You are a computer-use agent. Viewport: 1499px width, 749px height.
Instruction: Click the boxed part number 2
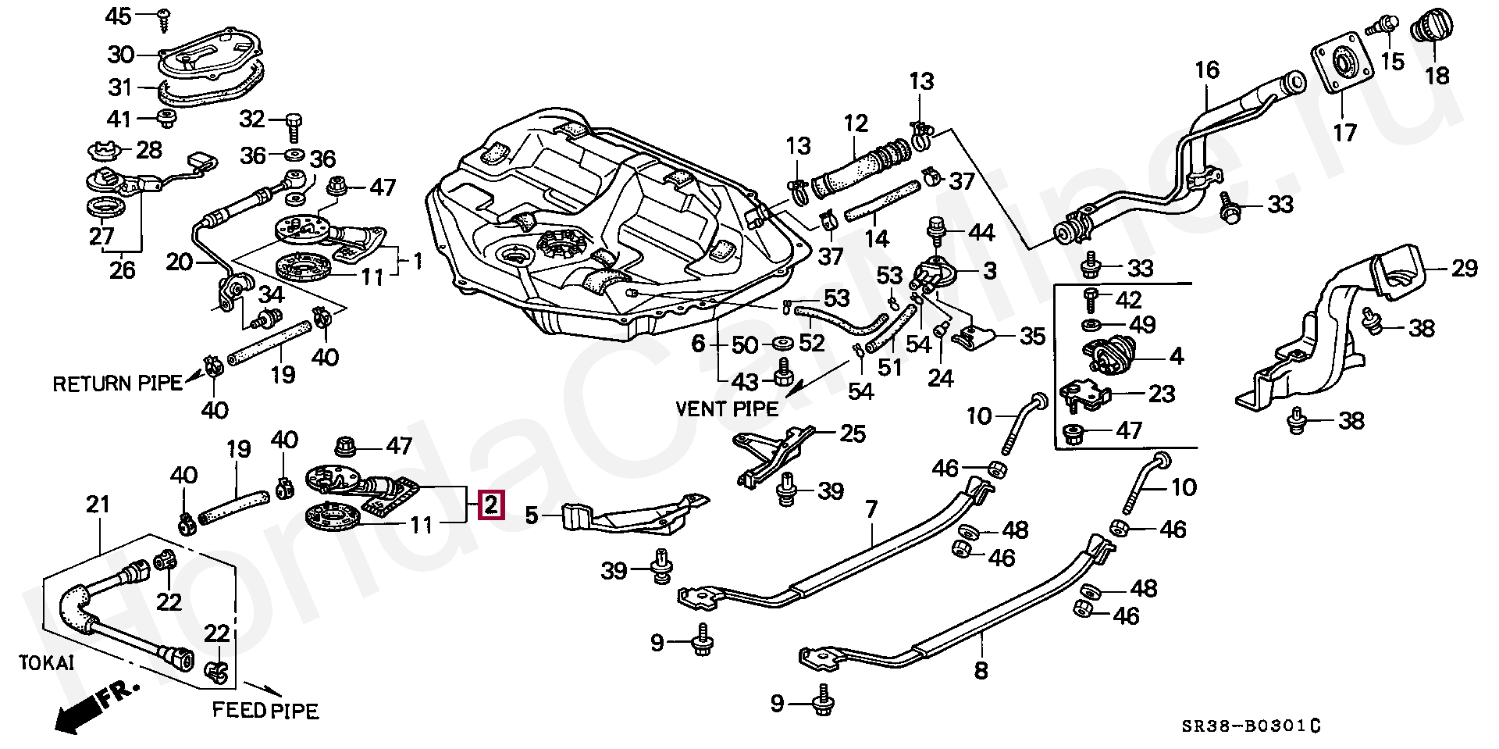490,505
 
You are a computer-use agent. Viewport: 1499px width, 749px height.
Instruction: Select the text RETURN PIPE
117,383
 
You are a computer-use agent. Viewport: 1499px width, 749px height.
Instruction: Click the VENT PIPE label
726,408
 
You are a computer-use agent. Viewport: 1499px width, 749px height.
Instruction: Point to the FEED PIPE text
265,711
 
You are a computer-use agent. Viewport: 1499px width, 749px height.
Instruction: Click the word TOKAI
47,663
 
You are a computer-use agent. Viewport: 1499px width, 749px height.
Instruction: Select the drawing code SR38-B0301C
1250,726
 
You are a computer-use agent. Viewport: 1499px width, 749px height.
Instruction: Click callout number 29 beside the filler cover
1464,269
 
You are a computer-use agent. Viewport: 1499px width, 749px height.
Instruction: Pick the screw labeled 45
165,19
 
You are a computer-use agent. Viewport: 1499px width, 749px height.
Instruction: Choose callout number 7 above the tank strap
871,510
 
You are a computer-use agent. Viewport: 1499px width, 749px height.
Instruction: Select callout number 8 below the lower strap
981,670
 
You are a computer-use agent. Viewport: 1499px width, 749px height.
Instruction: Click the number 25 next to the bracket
852,433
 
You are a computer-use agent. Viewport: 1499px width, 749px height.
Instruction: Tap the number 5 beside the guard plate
532,515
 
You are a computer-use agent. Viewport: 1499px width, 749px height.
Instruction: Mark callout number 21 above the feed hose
98,505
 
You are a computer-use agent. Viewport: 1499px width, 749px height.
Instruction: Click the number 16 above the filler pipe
1207,70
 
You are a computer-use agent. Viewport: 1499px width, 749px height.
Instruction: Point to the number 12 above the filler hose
856,123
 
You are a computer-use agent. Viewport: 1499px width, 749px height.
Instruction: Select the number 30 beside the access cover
121,55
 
